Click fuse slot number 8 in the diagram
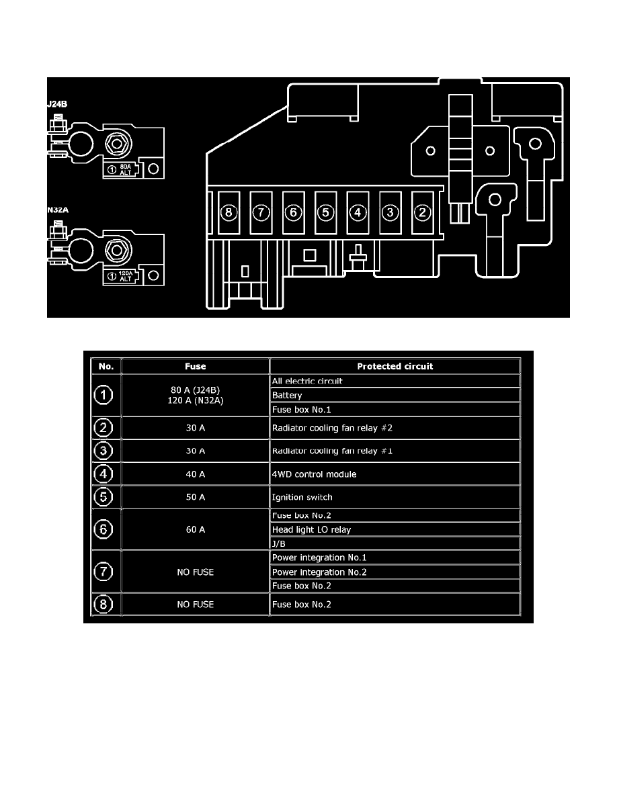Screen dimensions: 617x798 pyautogui.click(x=229, y=213)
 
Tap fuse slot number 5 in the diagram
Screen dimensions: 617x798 pyautogui.click(x=326, y=213)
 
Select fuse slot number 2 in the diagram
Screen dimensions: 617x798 pyautogui.click(x=423, y=213)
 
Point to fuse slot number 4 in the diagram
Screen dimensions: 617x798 pyautogui.click(x=358, y=213)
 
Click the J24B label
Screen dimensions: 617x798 pyautogui.click(x=57, y=104)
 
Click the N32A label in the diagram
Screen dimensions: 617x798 pyautogui.click(x=58, y=210)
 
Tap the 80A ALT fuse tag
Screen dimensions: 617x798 pyautogui.click(x=121, y=169)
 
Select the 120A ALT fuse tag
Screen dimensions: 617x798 pyautogui.click(x=121, y=276)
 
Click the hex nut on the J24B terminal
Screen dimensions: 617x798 pyautogui.click(x=117, y=144)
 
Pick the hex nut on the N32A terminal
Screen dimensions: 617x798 pyautogui.click(x=117, y=251)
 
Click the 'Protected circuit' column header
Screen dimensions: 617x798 pyautogui.click(x=395, y=367)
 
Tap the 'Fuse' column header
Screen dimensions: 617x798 pyautogui.click(x=196, y=367)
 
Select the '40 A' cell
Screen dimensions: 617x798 pyautogui.click(x=196, y=474)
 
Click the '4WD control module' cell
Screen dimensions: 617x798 pyautogui.click(x=395, y=474)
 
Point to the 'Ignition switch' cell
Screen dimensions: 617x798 pyautogui.click(x=395, y=497)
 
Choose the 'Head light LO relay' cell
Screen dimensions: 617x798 pyautogui.click(x=395, y=529)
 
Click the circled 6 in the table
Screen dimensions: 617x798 pyautogui.click(x=104, y=529)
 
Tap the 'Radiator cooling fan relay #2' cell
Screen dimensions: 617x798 pyautogui.click(x=395, y=428)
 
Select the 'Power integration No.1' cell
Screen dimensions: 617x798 pyautogui.click(x=395, y=558)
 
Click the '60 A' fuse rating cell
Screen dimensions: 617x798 pyautogui.click(x=196, y=529)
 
